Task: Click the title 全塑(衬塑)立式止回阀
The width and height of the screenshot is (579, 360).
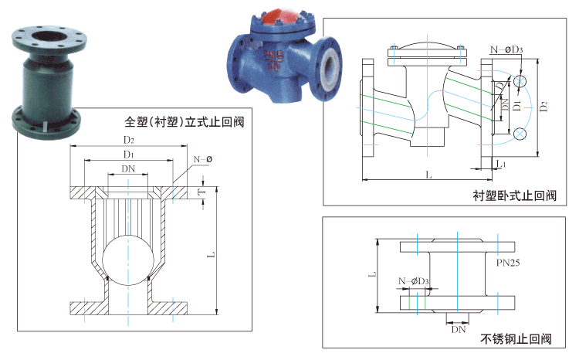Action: point(185,122)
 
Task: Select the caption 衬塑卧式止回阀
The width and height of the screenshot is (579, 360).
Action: point(514,195)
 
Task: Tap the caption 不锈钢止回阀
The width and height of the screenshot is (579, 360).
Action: point(516,338)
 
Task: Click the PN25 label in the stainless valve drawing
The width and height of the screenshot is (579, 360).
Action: point(508,263)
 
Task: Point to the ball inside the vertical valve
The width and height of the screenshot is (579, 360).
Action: point(127,260)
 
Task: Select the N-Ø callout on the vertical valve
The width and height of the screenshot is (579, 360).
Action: point(203,159)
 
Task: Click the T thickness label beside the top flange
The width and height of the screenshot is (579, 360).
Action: point(202,192)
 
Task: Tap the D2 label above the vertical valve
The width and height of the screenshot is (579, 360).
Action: point(128,140)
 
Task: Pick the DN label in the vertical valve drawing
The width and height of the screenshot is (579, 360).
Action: point(128,169)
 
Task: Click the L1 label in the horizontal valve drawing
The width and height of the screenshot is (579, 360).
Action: point(500,164)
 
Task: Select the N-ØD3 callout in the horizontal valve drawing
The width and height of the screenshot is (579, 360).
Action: point(506,49)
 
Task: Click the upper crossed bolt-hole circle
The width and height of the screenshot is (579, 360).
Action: point(520,80)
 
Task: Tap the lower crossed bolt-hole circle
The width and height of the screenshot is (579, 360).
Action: point(520,134)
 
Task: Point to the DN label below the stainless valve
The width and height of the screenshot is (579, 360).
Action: point(459,329)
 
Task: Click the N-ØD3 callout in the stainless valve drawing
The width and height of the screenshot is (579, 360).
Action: point(414,281)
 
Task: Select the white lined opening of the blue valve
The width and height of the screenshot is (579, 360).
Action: point(328,67)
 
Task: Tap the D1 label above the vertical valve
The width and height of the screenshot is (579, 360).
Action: point(128,155)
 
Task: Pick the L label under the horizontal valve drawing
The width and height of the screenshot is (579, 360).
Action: point(428,175)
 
